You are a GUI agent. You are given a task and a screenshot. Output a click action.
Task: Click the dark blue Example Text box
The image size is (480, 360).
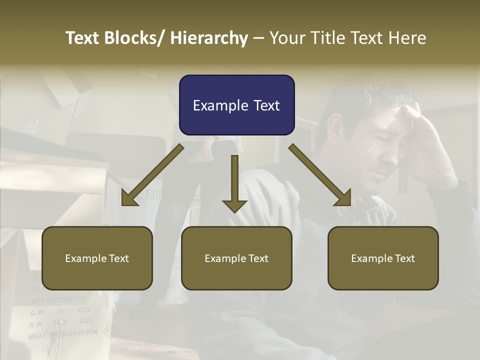(x=236, y=105)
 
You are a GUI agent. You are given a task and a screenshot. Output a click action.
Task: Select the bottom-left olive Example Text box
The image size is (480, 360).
(x=97, y=258)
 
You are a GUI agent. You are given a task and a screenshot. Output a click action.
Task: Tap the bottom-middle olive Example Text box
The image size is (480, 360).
(x=236, y=258)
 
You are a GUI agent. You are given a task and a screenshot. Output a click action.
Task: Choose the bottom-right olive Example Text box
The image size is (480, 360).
(x=383, y=258)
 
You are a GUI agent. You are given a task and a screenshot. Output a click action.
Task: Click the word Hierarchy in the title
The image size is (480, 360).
(x=209, y=38)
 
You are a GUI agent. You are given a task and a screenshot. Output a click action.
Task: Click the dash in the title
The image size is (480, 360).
(x=258, y=38)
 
